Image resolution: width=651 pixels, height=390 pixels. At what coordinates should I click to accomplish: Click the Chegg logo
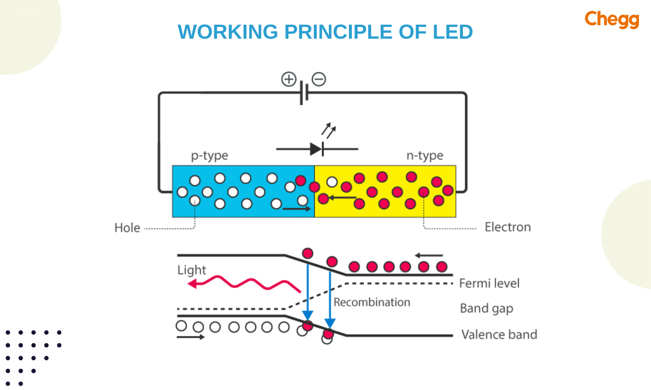coord(612,19)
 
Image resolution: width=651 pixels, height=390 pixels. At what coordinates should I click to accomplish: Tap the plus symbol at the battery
coord(289,79)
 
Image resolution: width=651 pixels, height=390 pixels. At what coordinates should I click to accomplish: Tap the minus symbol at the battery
coord(319,79)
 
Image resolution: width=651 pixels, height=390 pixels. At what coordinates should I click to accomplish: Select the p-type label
coord(209,155)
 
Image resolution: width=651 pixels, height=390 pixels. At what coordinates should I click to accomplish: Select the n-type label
coord(425,155)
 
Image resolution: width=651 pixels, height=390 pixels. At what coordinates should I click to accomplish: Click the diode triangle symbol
coord(315,149)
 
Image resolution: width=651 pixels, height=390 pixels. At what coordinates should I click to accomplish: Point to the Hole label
coord(127,228)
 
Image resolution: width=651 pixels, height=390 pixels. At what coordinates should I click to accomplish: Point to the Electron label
coord(507,227)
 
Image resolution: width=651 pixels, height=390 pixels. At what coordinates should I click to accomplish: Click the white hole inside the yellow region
coord(332,182)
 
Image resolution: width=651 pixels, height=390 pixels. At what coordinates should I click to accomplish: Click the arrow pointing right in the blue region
coord(297,209)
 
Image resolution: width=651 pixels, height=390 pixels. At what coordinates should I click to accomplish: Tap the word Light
coord(192,270)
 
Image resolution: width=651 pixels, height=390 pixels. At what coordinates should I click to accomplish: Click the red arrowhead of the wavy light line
coord(192,284)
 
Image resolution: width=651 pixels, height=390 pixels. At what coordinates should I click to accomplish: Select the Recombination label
coord(372,302)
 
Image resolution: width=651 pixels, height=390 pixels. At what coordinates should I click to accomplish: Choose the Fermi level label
coord(489,283)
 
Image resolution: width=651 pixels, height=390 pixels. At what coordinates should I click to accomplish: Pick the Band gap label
coord(486,308)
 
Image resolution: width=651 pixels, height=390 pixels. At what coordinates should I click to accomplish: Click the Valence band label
coord(499,334)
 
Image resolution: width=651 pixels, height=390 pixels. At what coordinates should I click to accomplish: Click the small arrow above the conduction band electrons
coord(429,255)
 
